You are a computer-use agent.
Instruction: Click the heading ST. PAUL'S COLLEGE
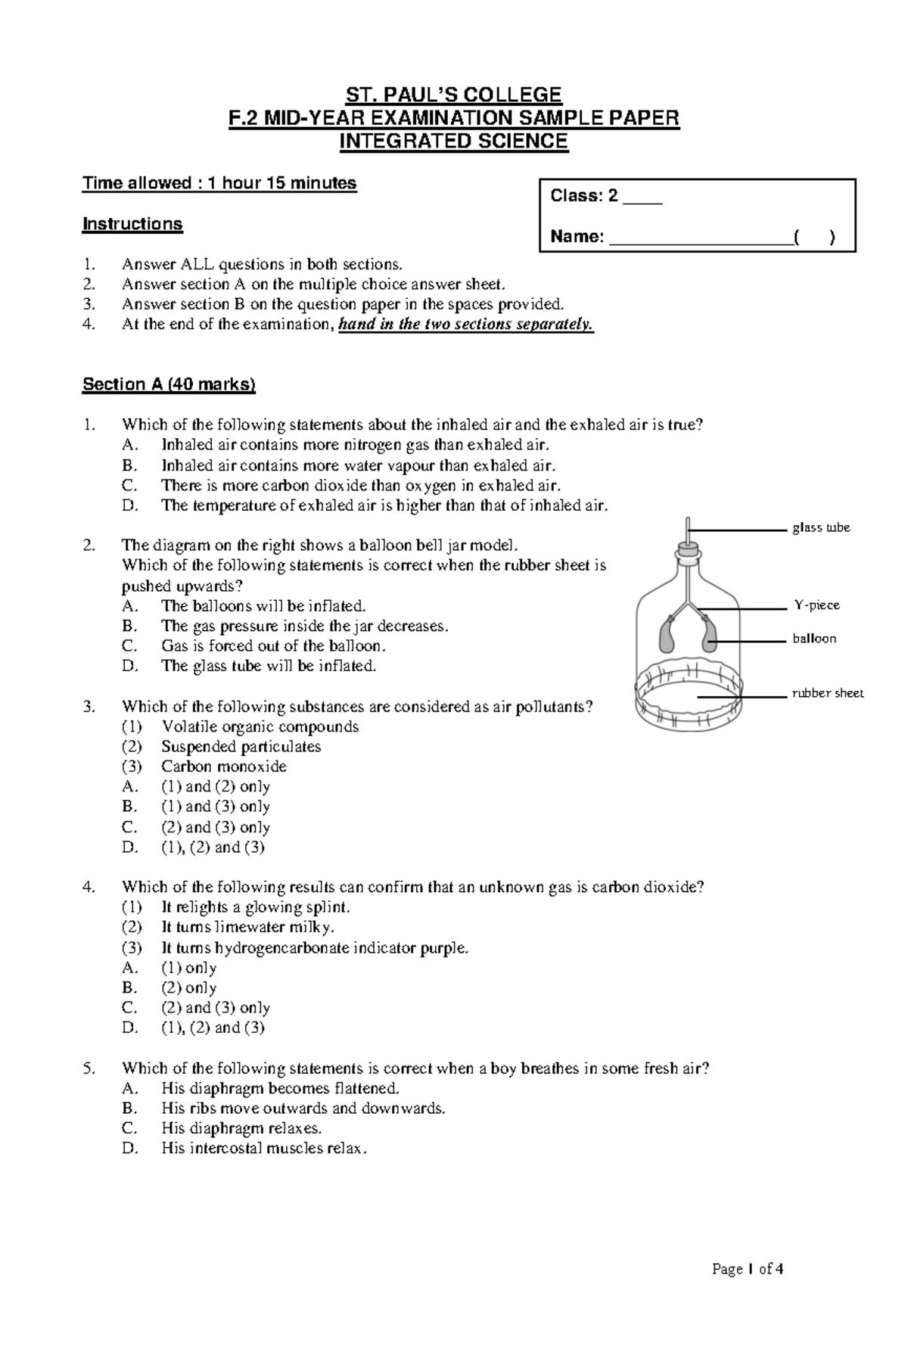point(453,95)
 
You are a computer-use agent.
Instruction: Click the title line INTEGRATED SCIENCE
point(453,141)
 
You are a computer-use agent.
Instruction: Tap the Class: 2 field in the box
point(605,196)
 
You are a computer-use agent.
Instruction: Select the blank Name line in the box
point(701,238)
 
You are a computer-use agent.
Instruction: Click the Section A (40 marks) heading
point(169,384)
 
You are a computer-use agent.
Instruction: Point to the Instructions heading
point(132,224)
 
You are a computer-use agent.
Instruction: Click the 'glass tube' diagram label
point(821,527)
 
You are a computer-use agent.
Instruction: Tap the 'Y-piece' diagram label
point(816,605)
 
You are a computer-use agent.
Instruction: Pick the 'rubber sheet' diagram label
point(827,693)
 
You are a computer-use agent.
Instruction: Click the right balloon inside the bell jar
point(709,636)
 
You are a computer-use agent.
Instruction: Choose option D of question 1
point(384,505)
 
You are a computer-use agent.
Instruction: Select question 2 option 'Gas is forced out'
point(273,646)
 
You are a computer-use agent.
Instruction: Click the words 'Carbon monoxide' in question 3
point(224,767)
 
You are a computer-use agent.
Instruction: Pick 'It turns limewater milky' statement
point(247,927)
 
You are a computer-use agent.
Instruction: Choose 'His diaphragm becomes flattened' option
point(279,1089)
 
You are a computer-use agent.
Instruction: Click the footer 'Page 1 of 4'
point(748,1269)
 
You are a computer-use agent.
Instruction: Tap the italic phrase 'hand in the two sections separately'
point(466,325)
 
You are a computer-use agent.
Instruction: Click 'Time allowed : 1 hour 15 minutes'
point(219,183)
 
